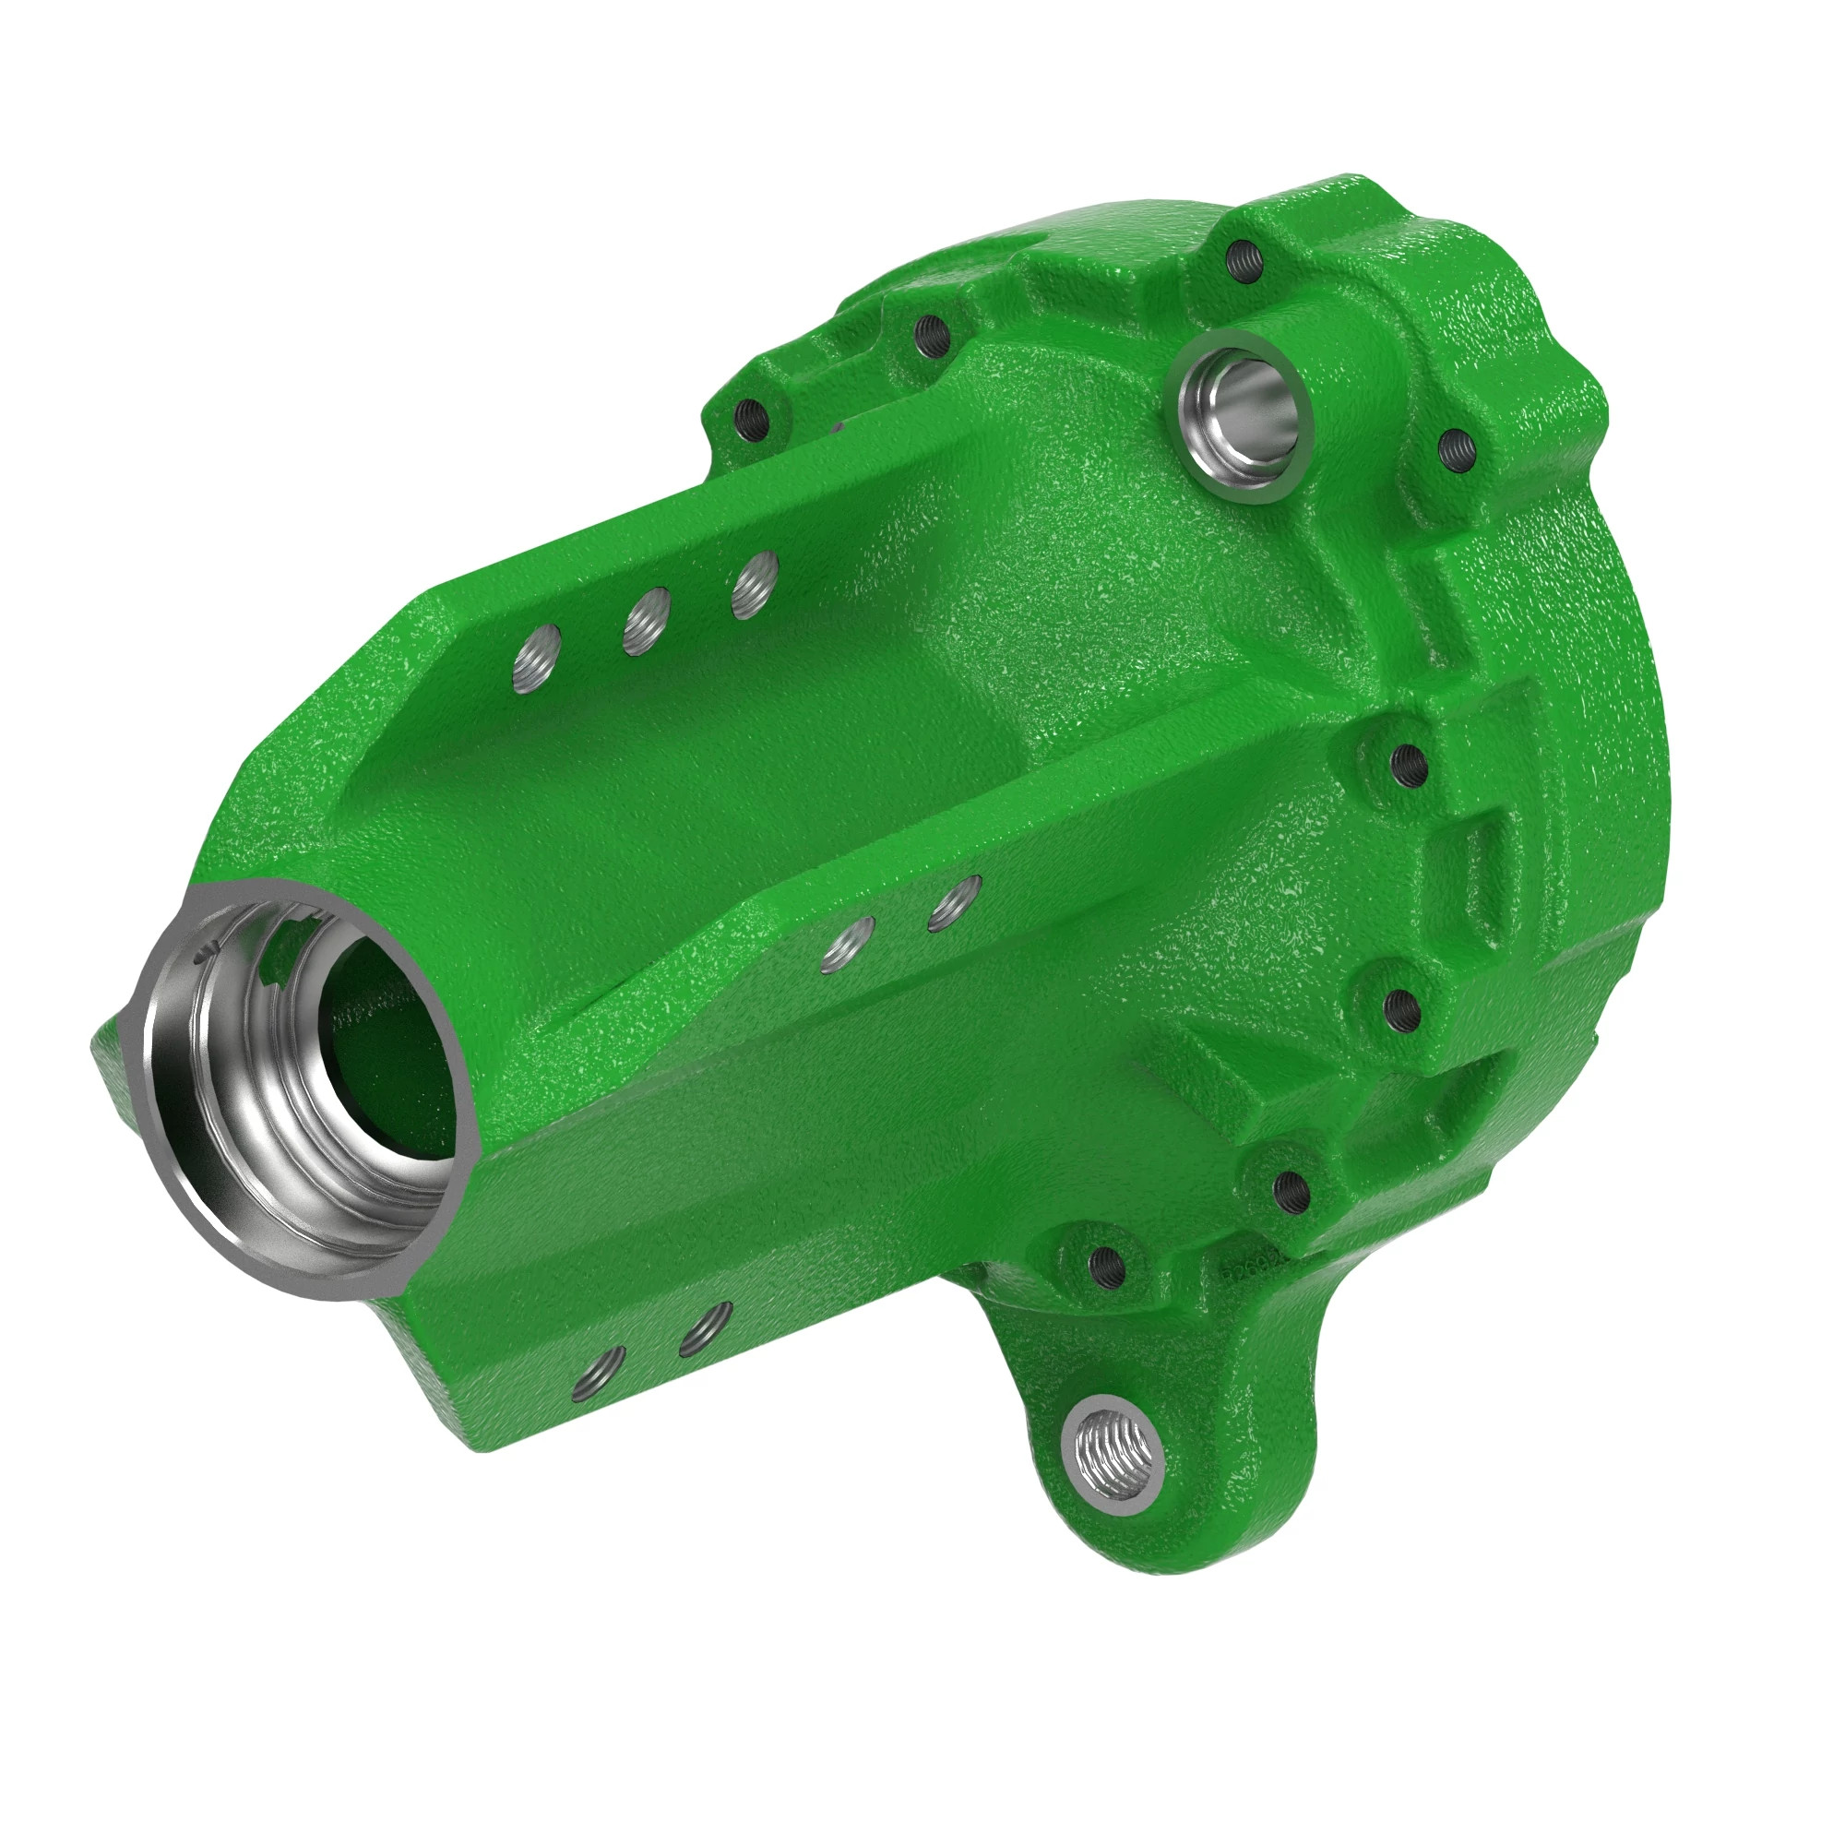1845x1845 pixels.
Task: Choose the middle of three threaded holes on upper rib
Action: click(x=645, y=620)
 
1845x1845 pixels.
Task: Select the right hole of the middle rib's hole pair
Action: click(x=956, y=900)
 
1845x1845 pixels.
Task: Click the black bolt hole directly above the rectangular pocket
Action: click(x=1409, y=763)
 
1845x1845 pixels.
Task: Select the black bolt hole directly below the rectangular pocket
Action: click(x=1400, y=1003)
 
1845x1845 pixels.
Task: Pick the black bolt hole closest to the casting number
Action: click(x=1292, y=1189)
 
